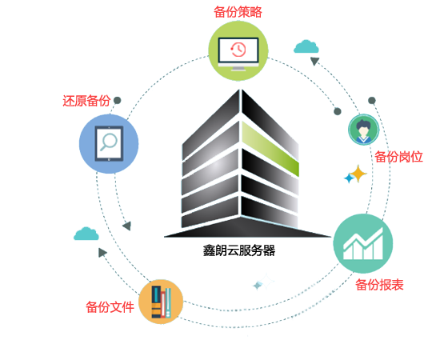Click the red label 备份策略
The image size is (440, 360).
[238, 12]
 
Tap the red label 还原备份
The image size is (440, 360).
[86, 101]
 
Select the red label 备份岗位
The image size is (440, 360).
[398, 157]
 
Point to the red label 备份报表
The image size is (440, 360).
[379, 285]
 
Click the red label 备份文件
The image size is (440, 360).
[110, 307]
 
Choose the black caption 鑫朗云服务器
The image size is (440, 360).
[239, 250]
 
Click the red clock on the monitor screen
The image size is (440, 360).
[238, 50]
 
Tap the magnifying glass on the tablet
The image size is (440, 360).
[108, 142]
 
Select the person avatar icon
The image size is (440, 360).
[364, 130]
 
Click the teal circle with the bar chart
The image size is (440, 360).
[363, 243]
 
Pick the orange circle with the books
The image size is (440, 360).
[161, 302]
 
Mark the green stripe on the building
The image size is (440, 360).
[270, 149]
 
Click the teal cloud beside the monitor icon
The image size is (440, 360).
[306, 46]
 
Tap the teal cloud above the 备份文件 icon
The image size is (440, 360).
[86, 234]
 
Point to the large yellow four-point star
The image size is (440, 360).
[358, 174]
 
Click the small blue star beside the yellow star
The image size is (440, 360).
[349, 178]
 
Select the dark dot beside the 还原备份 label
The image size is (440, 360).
[118, 101]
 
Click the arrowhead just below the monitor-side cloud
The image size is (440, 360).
[315, 61]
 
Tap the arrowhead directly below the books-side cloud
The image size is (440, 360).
[102, 253]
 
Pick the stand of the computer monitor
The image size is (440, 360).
[238, 68]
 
